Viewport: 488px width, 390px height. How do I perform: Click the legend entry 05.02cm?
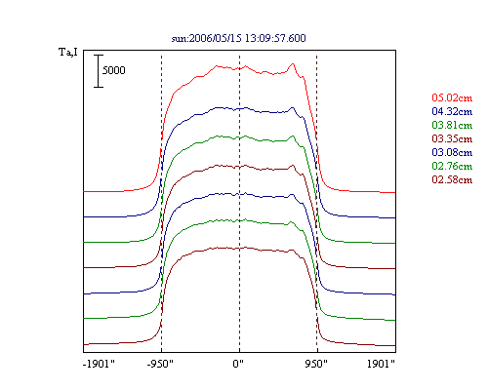[x=452, y=97]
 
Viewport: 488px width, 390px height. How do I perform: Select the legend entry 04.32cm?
[x=452, y=111]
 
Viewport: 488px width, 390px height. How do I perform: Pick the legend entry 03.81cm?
[x=452, y=125]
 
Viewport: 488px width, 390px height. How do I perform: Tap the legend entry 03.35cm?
[x=452, y=138]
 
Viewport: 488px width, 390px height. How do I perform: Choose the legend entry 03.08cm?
[x=452, y=152]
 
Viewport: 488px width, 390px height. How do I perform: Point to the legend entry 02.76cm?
[x=452, y=166]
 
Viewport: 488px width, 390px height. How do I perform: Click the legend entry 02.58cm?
[x=452, y=179]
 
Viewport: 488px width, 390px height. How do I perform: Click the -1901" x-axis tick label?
[x=99, y=364]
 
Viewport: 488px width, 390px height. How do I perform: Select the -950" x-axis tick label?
[x=160, y=364]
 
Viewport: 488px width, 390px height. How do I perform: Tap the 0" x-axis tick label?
[x=238, y=364]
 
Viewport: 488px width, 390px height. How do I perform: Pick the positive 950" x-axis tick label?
[x=316, y=364]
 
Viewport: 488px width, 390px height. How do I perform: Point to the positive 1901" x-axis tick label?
[x=381, y=364]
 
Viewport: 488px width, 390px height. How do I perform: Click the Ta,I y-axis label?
[x=68, y=52]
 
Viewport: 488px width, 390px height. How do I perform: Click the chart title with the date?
[x=239, y=38]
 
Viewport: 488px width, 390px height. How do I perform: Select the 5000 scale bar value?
[x=114, y=70]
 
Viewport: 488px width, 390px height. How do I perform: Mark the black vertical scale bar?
[x=99, y=71]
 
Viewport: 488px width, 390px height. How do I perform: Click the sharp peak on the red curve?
[x=293, y=64]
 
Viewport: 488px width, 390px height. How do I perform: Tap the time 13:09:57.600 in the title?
[x=275, y=38]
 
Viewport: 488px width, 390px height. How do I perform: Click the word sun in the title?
[x=179, y=39]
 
